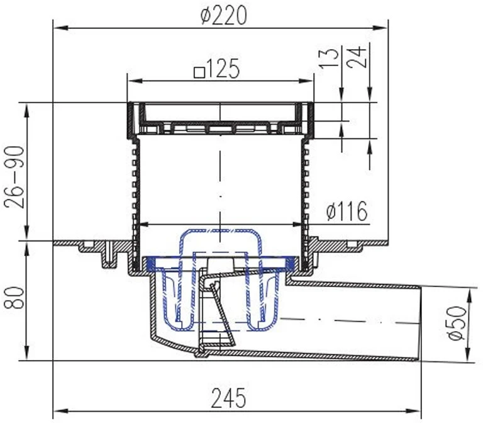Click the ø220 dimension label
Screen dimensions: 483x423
click(224, 16)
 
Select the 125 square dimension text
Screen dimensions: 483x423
click(217, 68)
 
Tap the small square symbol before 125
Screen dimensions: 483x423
click(199, 73)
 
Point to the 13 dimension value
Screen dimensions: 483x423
click(330, 58)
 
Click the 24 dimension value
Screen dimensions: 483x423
click(357, 57)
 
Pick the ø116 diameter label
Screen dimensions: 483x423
click(347, 211)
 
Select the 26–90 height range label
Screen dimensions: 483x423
click(14, 178)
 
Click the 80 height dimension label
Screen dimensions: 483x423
click(14, 298)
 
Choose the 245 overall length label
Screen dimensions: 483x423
click(228, 398)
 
